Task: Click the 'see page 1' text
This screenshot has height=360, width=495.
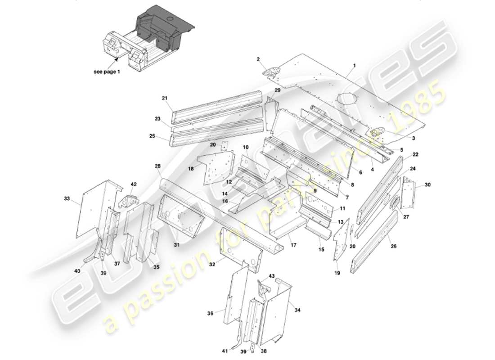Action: (107, 72)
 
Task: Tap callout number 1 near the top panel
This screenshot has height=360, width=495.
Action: (354, 65)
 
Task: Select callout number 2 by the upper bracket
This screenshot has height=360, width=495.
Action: (258, 59)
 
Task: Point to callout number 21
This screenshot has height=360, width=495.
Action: (164, 98)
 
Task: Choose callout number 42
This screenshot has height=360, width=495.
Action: (133, 184)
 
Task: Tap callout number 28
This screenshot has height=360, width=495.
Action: (157, 166)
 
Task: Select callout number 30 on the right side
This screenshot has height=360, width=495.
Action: (427, 184)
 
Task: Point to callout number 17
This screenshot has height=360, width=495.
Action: (293, 245)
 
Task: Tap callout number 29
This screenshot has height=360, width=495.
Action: (277, 90)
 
